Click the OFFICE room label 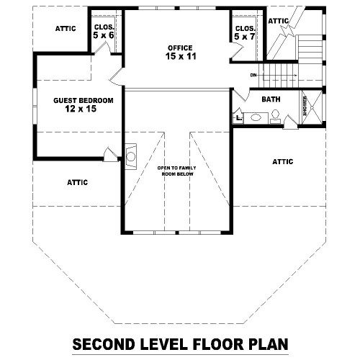point(180,48)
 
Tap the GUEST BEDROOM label point(84,100)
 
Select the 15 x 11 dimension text point(181,56)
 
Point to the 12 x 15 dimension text point(81,109)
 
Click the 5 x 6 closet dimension point(104,35)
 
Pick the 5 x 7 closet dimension point(245,37)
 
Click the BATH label point(271,99)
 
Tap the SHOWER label point(305,106)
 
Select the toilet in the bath point(275,117)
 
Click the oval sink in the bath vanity point(256,117)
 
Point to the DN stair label point(253,76)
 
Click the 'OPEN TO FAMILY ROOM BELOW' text point(177,171)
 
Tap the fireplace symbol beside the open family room point(131,157)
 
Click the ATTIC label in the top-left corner point(66,29)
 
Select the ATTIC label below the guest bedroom point(77,183)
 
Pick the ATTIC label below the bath point(283,162)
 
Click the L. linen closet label point(239,118)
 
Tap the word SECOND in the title point(104,344)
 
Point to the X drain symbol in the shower point(312,107)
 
